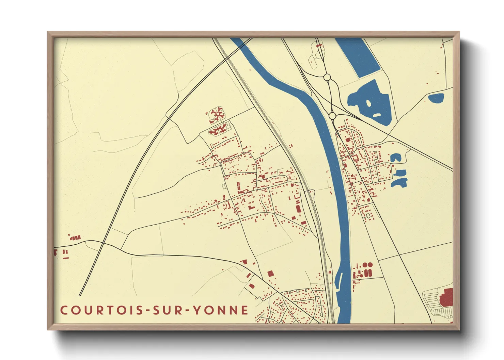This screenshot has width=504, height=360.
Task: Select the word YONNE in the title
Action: coord(221,310)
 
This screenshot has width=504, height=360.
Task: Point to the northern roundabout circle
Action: coord(327,78)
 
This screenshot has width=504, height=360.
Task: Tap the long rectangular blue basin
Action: coord(358,56)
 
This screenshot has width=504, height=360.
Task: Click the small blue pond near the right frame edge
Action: coord(436,98)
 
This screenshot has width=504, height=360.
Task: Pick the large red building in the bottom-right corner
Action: coord(447,297)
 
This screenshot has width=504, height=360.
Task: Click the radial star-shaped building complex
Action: coord(217,114)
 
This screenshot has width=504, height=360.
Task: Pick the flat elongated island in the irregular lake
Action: coord(377,115)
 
